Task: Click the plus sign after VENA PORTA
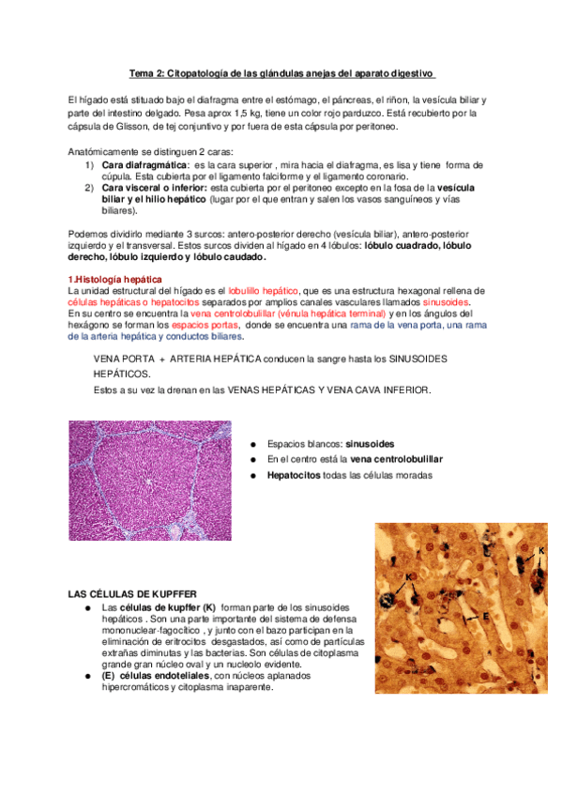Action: point(160,360)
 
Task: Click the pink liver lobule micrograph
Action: point(150,480)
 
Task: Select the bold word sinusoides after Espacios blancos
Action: point(369,443)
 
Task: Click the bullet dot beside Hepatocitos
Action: point(253,476)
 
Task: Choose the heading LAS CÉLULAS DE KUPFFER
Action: point(132,595)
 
